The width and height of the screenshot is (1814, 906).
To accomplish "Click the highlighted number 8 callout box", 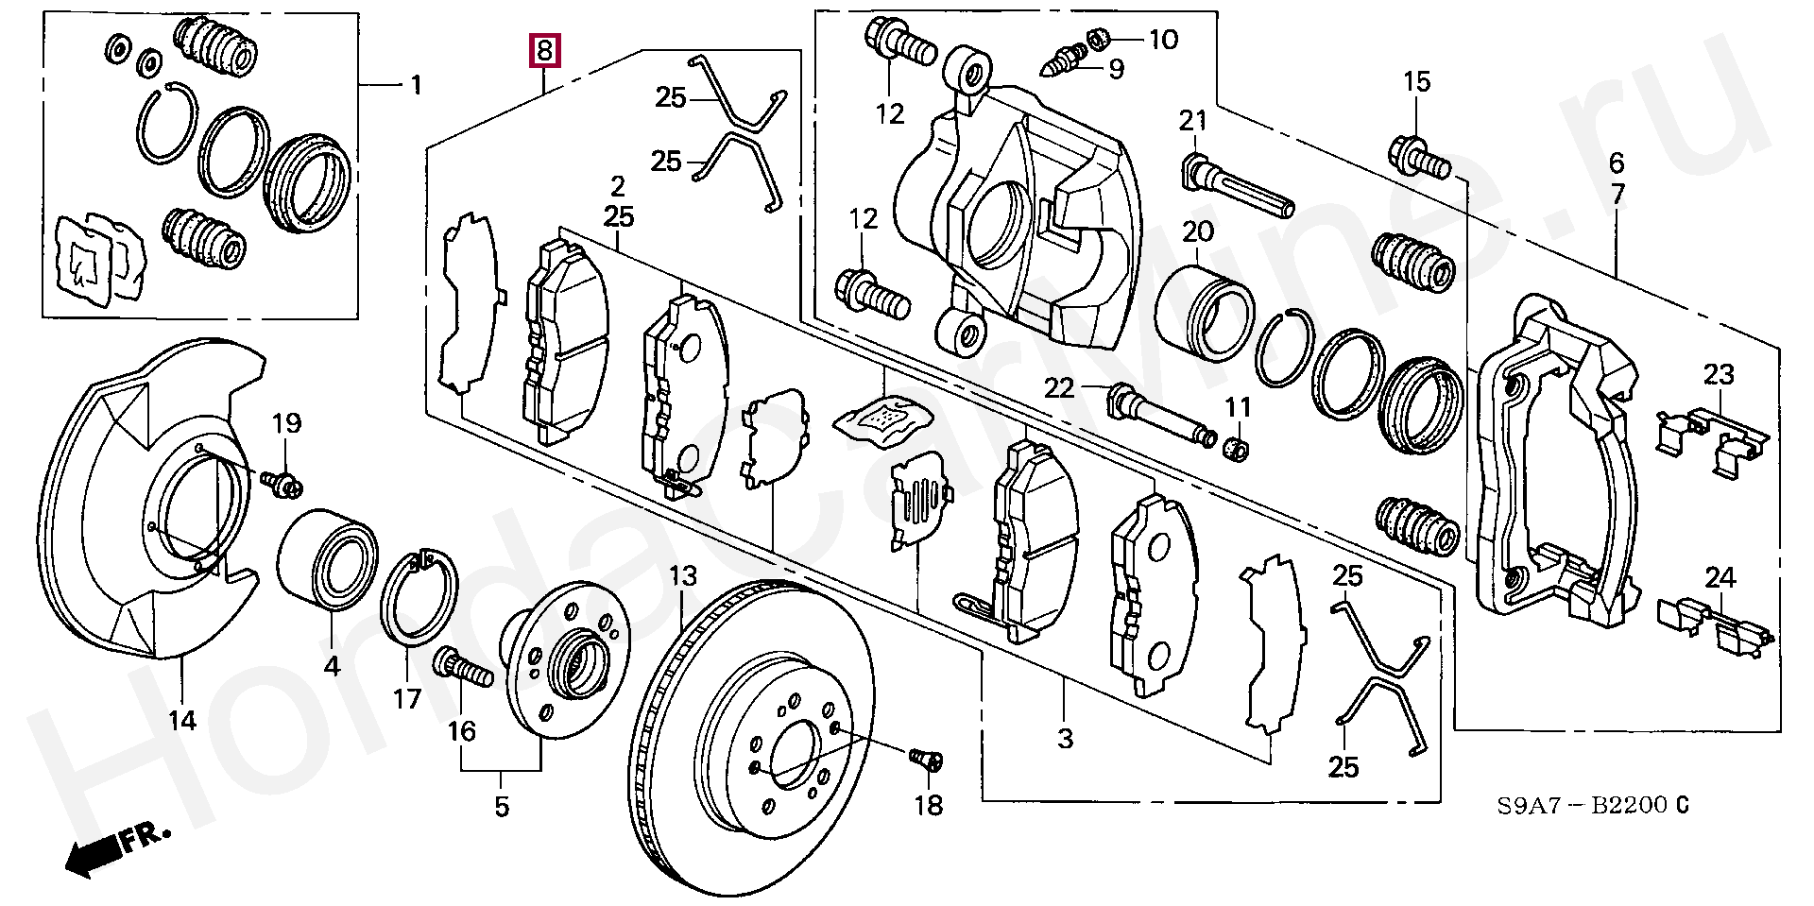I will (545, 50).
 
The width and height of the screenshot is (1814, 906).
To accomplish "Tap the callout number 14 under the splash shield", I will (182, 721).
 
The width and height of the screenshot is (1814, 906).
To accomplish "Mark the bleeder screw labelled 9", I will (1070, 60).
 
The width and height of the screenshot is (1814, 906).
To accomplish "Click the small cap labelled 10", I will (1098, 39).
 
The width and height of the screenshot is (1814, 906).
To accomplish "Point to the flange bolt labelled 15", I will (1419, 159).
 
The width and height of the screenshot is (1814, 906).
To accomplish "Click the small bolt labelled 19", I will (284, 484).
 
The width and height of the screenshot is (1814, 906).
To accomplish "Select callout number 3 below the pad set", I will (1066, 738).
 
